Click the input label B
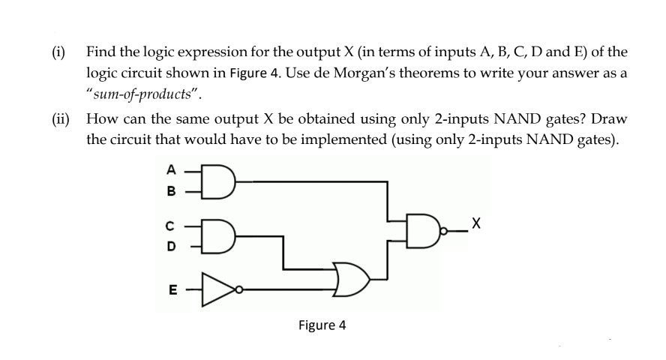pos(169,190)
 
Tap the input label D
pos(169,245)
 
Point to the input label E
pos(169,286)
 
